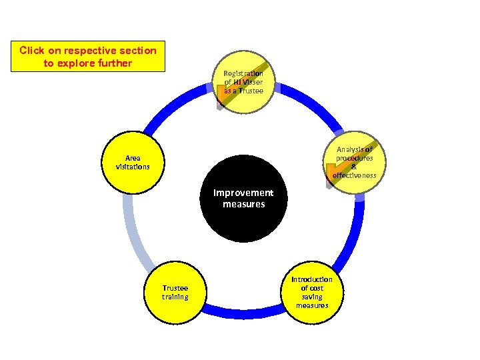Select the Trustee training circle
pyautogui.click(x=175, y=292)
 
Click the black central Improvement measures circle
pyautogui.click(x=243, y=199)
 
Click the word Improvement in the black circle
pyautogui.click(x=243, y=193)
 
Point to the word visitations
pyautogui.click(x=133, y=167)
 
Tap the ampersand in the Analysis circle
pyautogui.click(x=354, y=167)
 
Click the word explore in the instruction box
pyautogui.click(x=87, y=63)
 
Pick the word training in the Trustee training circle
pyautogui.click(x=175, y=297)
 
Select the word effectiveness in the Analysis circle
pyautogui.click(x=354, y=175)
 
